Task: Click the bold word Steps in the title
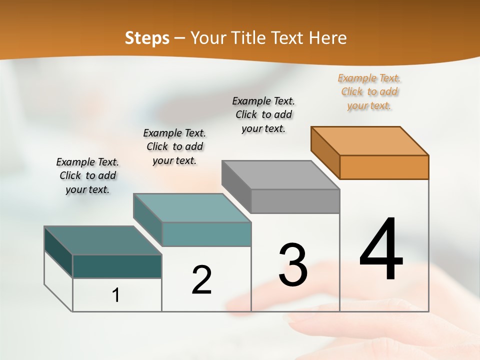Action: [x=147, y=38]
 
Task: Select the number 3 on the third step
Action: [x=293, y=265]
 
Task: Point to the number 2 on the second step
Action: [x=202, y=280]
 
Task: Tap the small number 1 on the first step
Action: [x=116, y=295]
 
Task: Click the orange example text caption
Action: [x=369, y=91]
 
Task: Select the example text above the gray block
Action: [x=263, y=114]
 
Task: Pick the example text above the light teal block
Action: [x=174, y=146]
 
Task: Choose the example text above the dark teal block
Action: [x=87, y=175]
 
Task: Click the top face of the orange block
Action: [x=370, y=141]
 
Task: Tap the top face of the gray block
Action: [x=280, y=175]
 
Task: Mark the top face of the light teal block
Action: [x=192, y=208]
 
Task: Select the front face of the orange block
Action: [x=384, y=167]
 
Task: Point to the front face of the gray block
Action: [x=295, y=201]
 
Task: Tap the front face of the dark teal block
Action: [x=117, y=266]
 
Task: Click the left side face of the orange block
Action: [x=325, y=152]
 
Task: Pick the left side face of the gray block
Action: [x=236, y=186]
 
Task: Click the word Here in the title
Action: [x=328, y=38]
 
